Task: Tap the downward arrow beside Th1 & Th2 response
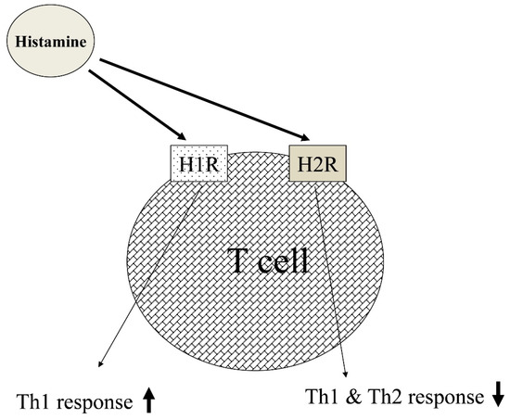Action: point(497,396)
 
